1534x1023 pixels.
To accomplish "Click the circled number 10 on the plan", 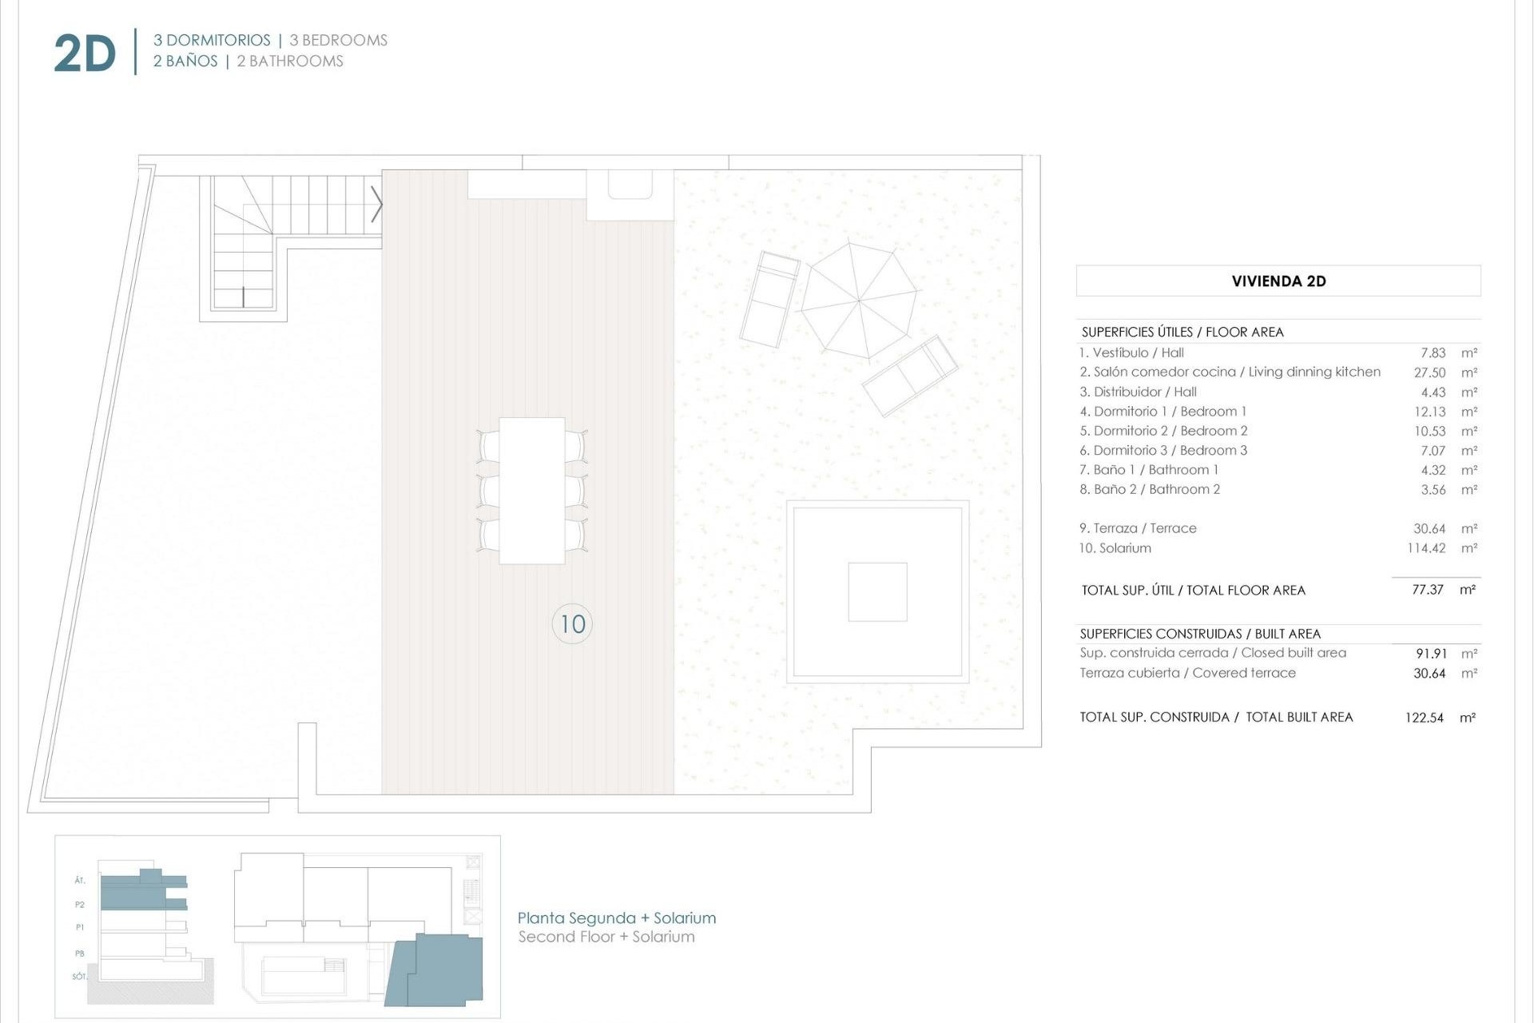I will pyautogui.click(x=572, y=623).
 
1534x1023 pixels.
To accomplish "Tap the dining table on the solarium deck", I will pyautogui.click(x=532, y=490).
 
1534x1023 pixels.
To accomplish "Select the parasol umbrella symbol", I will pyautogui.click(x=860, y=301).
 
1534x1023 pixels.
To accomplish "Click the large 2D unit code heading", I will pyautogui.click(x=85, y=54).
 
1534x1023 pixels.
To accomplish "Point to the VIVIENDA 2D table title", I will pyautogui.click(x=1278, y=281).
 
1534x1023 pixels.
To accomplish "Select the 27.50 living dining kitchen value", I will pyautogui.click(x=1429, y=372).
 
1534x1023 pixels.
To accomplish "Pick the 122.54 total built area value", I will pyautogui.click(x=1424, y=718).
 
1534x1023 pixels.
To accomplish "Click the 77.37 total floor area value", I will pyautogui.click(x=1427, y=590).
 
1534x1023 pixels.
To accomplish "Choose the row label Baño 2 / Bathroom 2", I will pyautogui.click(x=1150, y=489).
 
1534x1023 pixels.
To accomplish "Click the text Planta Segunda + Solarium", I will pyautogui.click(x=616, y=918).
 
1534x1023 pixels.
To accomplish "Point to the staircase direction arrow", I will pyautogui.click(x=377, y=205).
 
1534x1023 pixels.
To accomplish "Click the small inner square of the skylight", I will pyautogui.click(x=877, y=592).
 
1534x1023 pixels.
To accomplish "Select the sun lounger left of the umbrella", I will pyautogui.click(x=769, y=299).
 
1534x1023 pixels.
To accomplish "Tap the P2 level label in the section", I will pyautogui.click(x=80, y=905).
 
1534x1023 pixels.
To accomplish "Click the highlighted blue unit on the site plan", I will pyautogui.click(x=437, y=971).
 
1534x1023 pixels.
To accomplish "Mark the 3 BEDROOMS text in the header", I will pyautogui.click(x=338, y=40).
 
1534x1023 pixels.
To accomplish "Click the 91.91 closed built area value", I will pyautogui.click(x=1429, y=654).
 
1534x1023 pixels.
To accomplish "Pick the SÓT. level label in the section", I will pyautogui.click(x=79, y=977).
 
